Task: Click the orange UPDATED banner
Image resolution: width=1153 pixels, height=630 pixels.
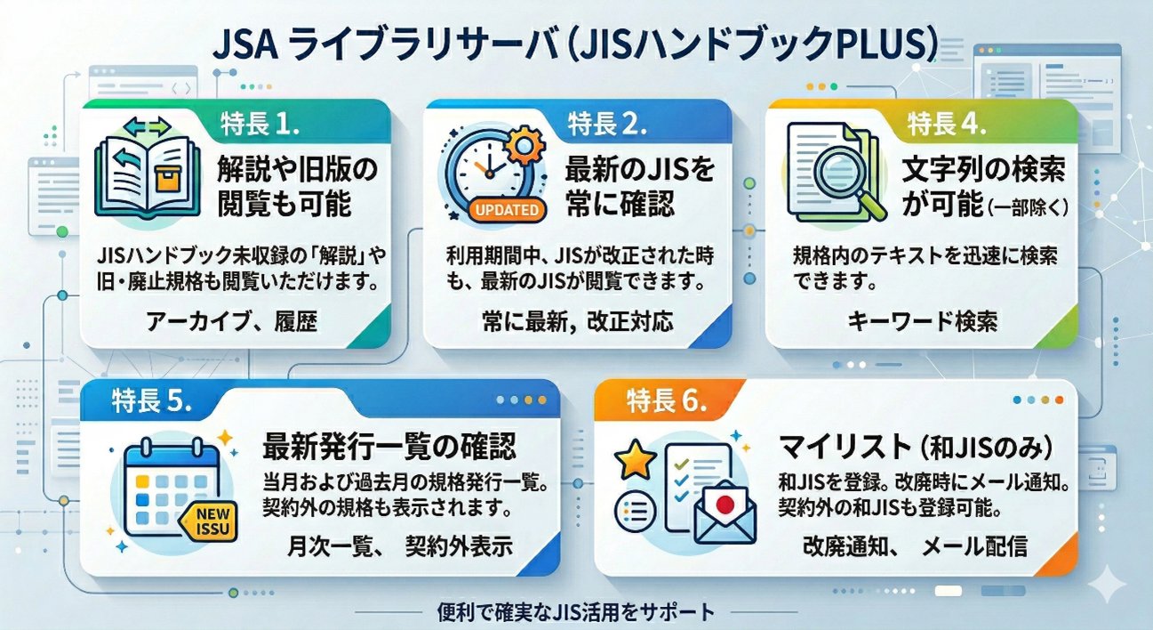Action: click(502, 211)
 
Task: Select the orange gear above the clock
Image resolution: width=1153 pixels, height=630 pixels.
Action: click(524, 142)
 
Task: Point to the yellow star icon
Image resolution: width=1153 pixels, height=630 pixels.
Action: click(636, 459)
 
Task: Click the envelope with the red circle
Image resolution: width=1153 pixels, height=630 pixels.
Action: click(725, 513)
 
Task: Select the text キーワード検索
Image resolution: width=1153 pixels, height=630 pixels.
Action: click(922, 322)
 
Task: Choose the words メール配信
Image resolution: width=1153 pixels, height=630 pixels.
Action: click(975, 545)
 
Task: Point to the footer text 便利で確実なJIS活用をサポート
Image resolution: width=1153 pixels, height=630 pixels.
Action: click(576, 612)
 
